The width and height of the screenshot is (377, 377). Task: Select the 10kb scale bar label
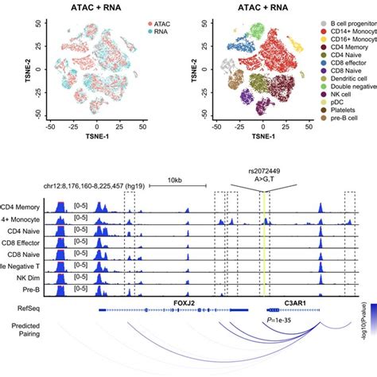click(176, 181)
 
